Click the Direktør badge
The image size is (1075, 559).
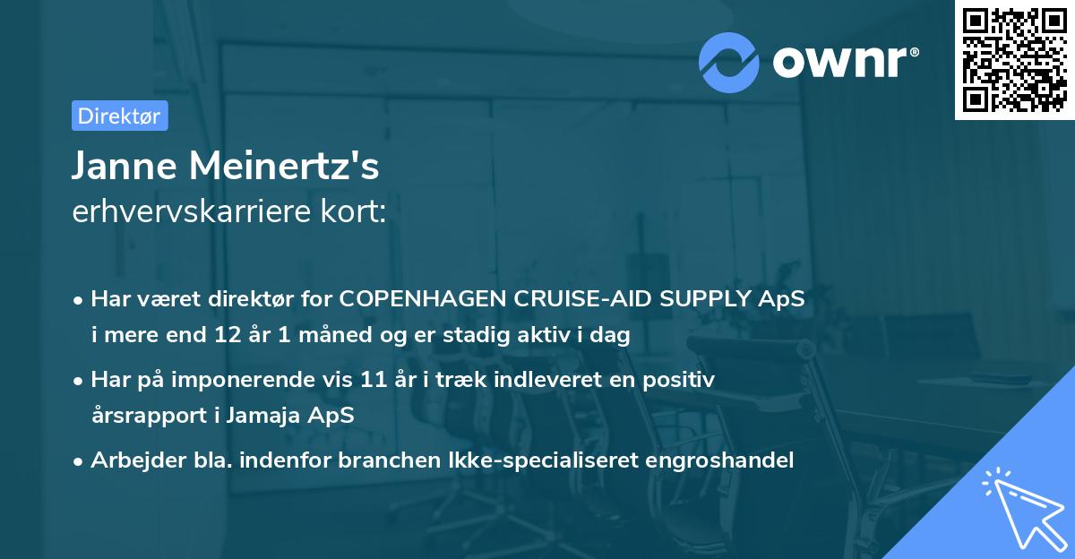pos(118,116)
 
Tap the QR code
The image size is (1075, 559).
pos(1014,60)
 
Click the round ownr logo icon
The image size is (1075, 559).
pos(730,62)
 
